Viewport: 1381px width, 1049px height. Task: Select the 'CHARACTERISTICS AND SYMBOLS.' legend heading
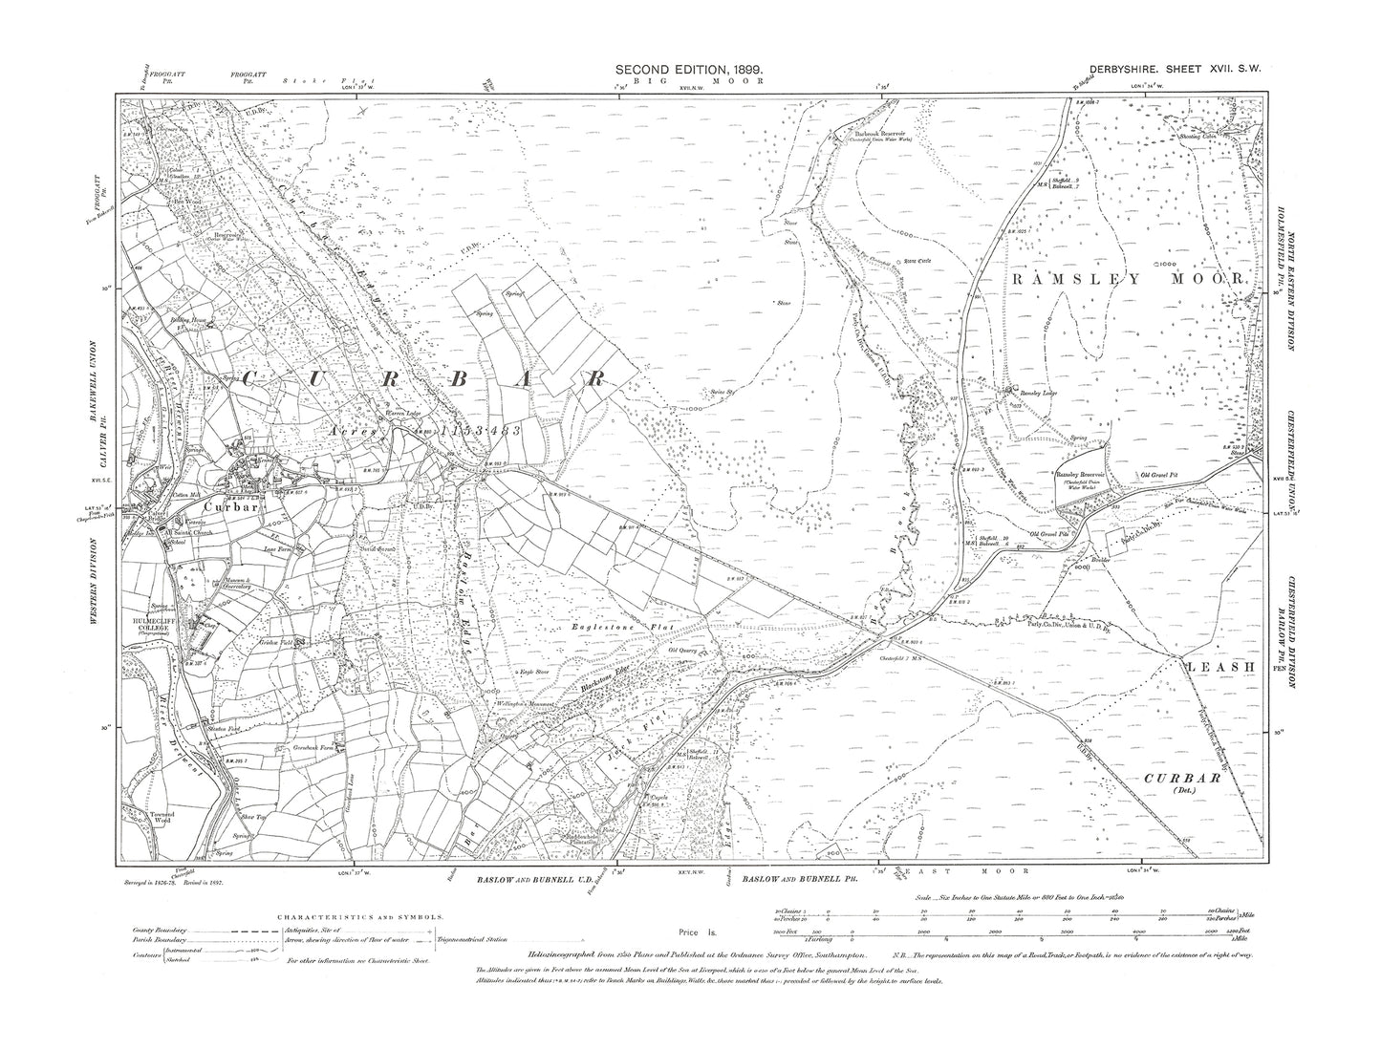(359, 915)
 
